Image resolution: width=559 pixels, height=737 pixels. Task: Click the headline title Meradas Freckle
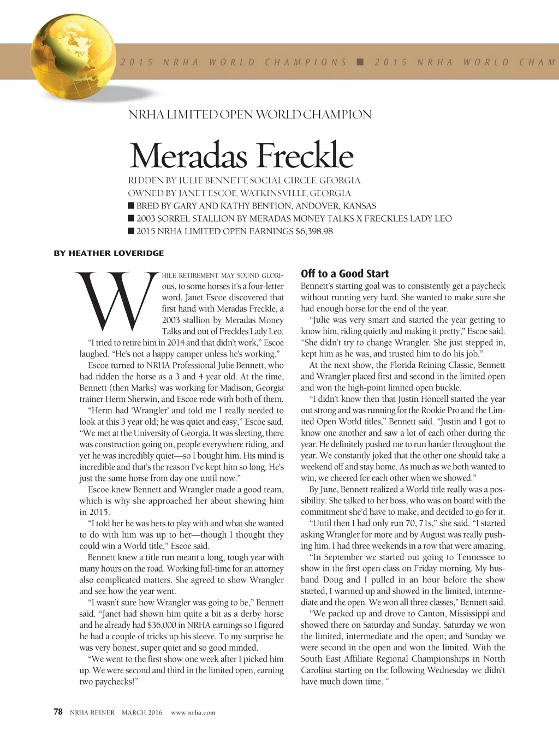pyautogui.click(x=241, y=156)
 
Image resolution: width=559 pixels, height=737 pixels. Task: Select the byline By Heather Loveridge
pyautogui.click(x=109, y=253)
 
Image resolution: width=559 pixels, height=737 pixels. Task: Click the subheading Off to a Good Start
pyautogui.click(x=344, y=274)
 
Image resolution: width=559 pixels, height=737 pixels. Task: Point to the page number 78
pyautogui.click(x=58, y=712)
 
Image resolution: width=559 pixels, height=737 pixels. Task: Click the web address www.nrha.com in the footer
pyautogui.click(x=193, y=712)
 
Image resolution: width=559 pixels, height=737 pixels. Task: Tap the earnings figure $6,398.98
pyautogui.click(x=314, y=231)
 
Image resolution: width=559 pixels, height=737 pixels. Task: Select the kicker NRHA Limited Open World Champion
pyautogui.click(x=249, y=115)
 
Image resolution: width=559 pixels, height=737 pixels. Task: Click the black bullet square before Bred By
pyautogui.click(x=131, y=206)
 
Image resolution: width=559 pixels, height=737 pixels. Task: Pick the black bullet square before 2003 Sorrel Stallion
pyautogui.click(x=131, y=218)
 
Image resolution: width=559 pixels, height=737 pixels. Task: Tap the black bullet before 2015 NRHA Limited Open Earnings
pyautogui.click(x=131, y=231)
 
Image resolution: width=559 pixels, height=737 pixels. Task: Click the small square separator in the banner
pyautogui.click(x=360, y=62)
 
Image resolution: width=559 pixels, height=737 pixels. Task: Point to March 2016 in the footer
pyautogui.click(x=142, y=712)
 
